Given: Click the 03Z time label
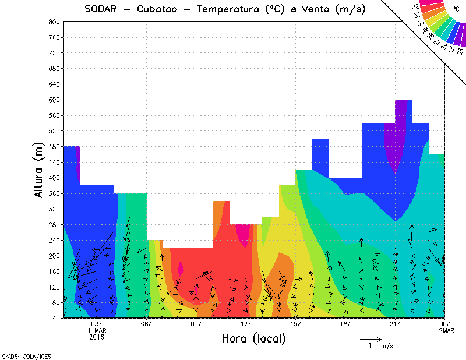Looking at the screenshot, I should [97, 324].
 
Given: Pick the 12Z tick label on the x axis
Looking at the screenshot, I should [246, 324].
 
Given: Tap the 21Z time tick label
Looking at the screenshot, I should [395, 324].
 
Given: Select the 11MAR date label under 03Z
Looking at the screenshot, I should [97, 330].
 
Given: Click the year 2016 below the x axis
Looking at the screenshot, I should [97, 337].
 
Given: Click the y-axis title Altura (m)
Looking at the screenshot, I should [38, 170].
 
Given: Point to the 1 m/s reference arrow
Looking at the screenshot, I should [370, 338].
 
